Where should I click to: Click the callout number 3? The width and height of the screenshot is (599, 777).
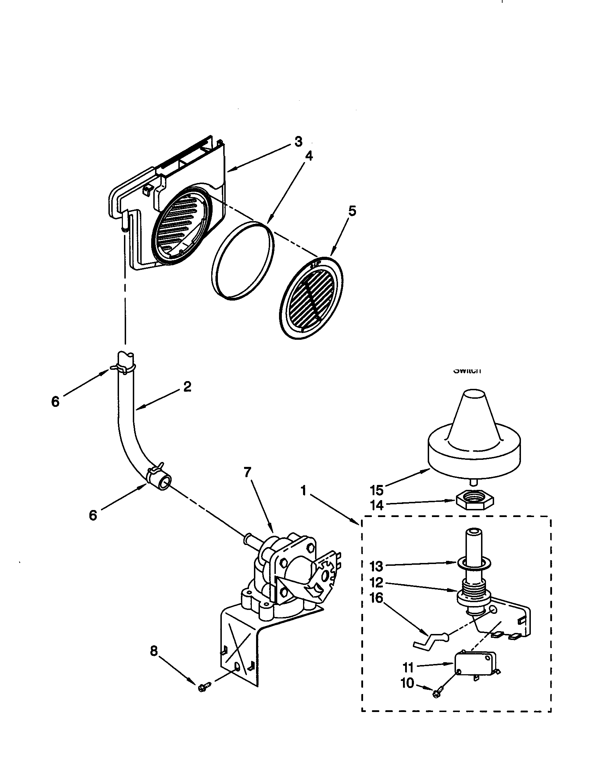(298, 142)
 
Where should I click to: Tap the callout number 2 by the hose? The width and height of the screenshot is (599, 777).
(187, 386)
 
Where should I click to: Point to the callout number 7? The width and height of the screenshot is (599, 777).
(247, 472)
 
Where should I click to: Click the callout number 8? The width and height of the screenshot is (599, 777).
(154, 651)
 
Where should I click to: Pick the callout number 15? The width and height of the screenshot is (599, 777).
(377, 490)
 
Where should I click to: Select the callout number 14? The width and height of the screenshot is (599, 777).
(377, 505)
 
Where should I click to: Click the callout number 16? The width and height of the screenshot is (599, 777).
(377, 598)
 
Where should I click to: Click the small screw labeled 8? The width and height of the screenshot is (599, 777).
(204, 687)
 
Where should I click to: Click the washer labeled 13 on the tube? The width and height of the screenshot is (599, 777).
(470, 563)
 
